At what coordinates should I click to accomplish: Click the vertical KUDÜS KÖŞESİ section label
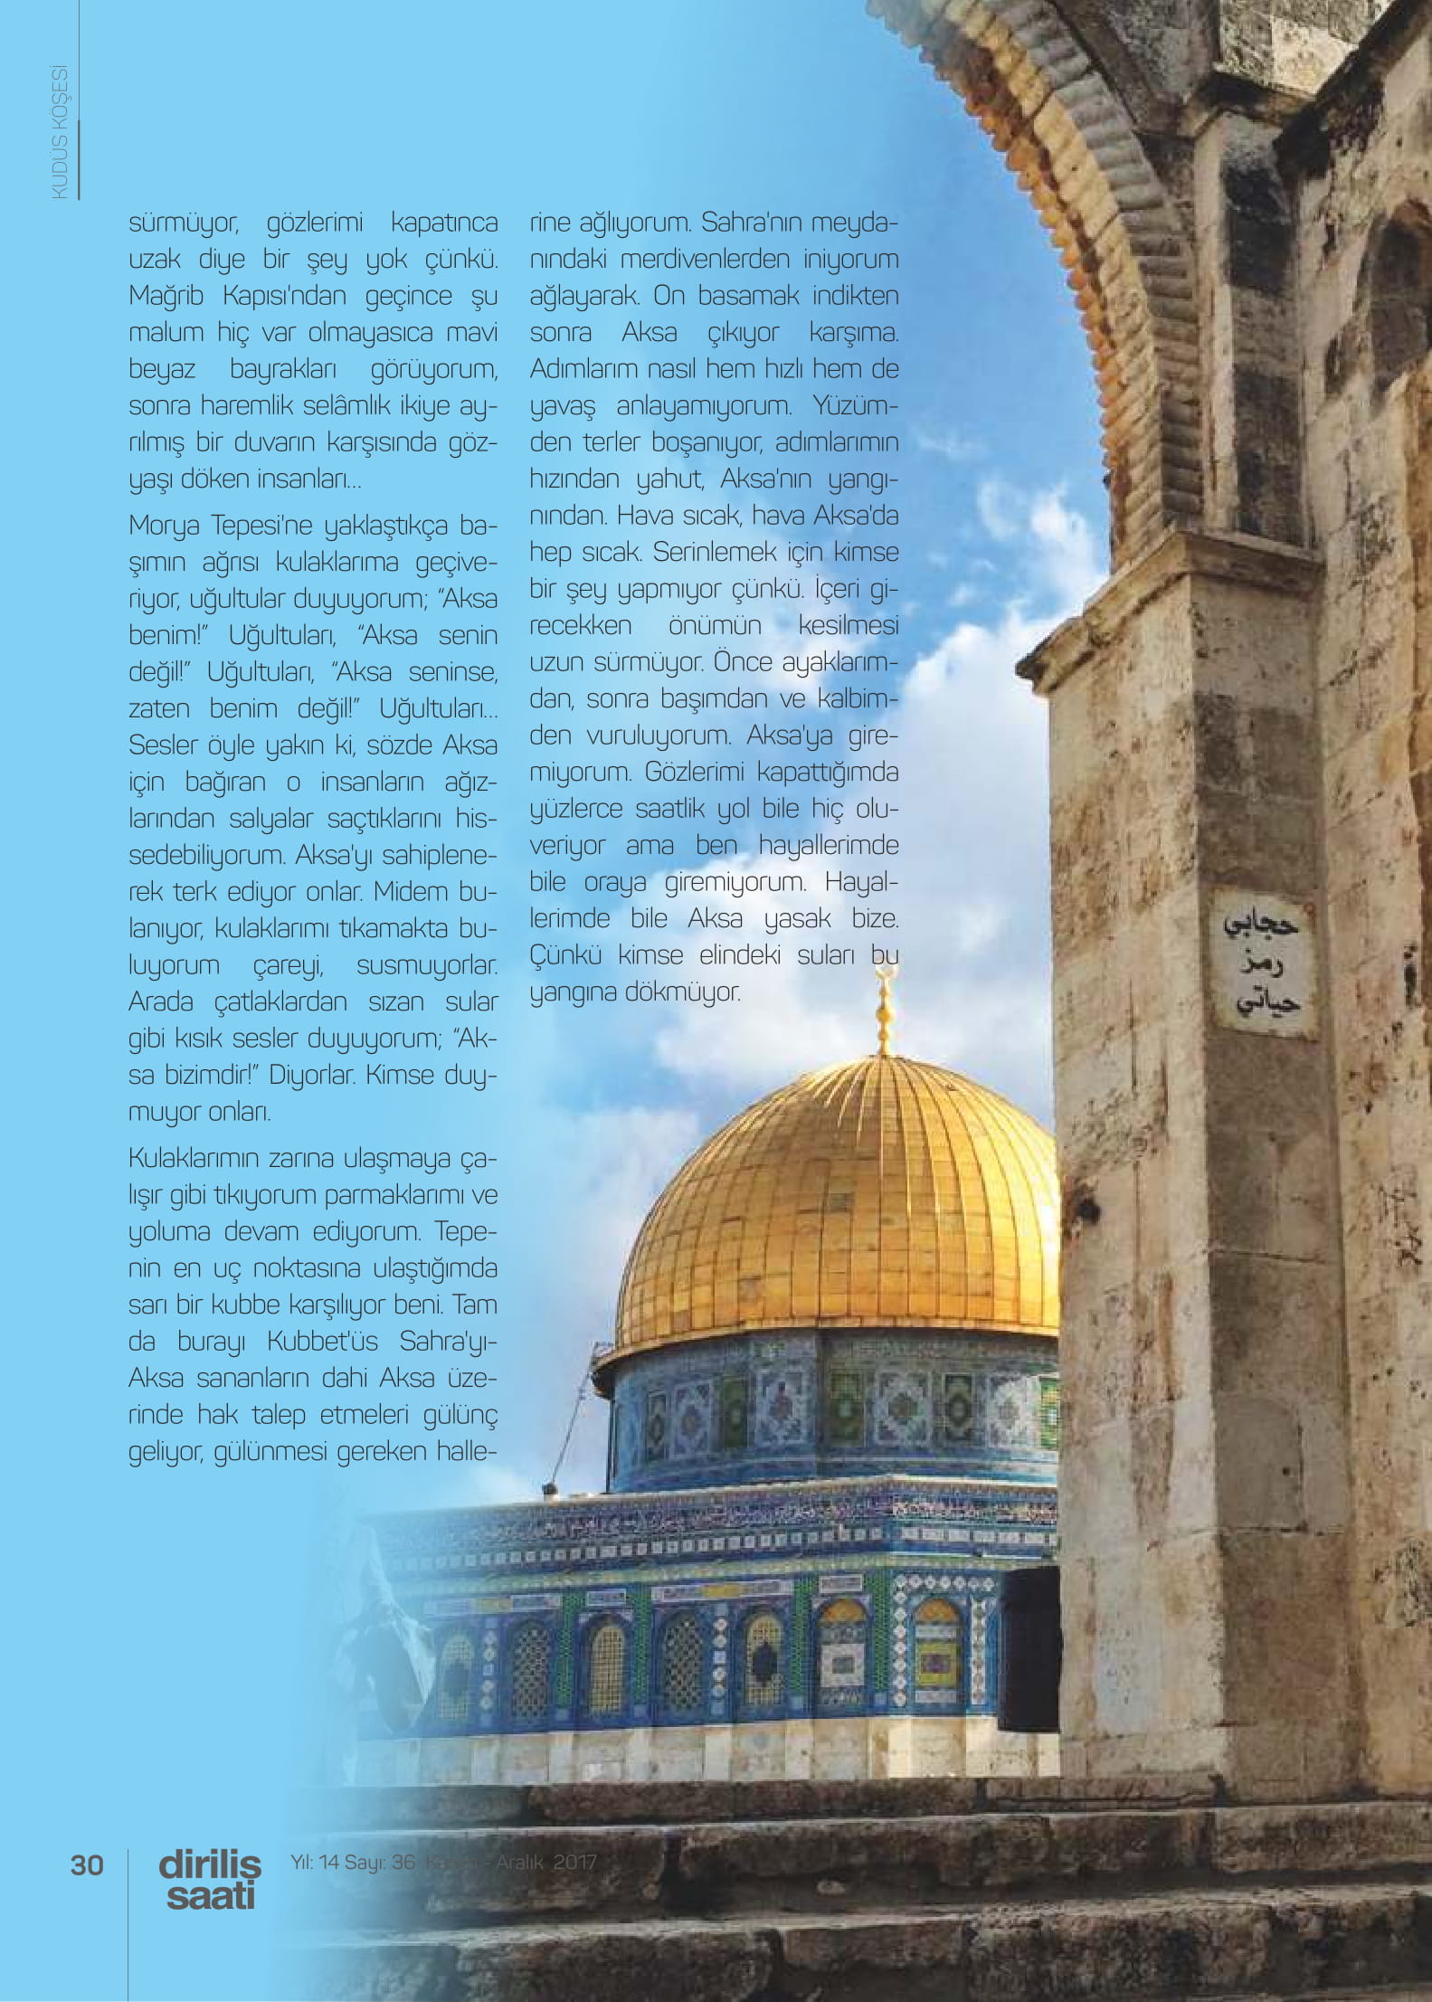[61, 132]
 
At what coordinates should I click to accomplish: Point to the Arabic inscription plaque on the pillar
[1263, 963]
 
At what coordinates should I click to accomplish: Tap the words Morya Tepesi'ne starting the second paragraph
[221, 526]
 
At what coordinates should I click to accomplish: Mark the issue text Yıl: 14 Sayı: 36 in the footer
[352, 1862]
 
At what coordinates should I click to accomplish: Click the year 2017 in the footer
[575, 1862]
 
